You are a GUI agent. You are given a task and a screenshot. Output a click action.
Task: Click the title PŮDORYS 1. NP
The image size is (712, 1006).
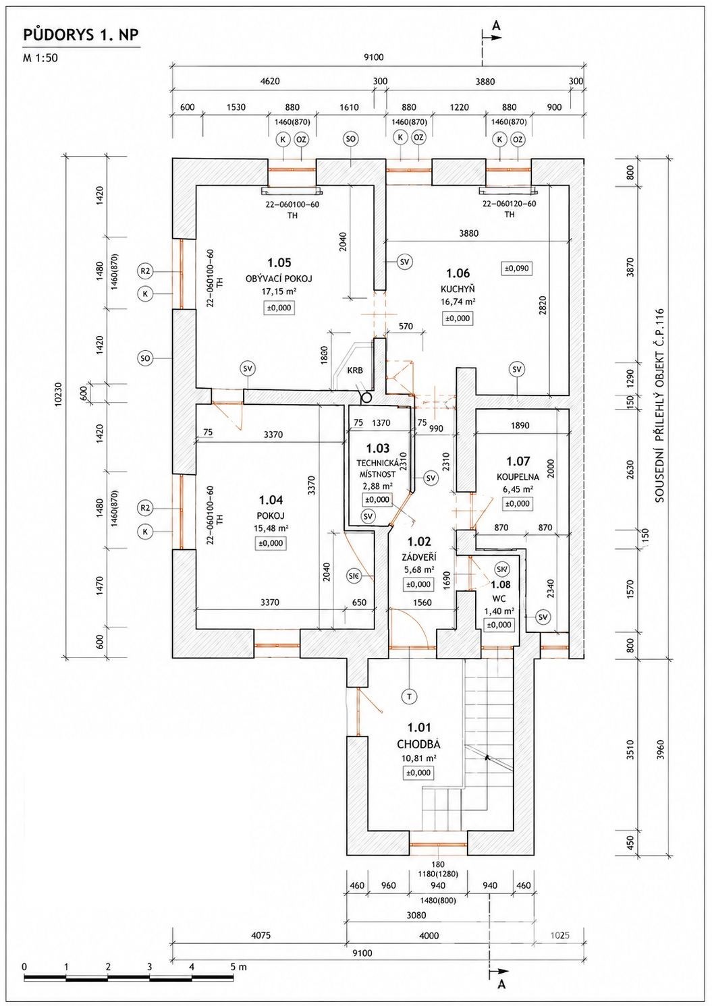81,36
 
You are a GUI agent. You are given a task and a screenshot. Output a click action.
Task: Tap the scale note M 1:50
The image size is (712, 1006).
41,57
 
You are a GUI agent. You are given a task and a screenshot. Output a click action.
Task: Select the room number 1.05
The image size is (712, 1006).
279,262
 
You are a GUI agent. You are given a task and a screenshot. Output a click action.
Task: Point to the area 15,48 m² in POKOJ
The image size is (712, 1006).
271,528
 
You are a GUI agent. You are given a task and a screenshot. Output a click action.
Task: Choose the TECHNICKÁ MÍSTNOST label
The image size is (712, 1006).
377,468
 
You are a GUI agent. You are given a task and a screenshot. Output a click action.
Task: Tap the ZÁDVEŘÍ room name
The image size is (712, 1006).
419,558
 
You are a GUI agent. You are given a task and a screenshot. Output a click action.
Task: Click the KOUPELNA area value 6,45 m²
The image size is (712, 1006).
518,489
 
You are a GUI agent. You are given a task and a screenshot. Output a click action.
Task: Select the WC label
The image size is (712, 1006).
499,598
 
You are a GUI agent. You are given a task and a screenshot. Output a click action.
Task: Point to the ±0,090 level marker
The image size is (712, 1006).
516,269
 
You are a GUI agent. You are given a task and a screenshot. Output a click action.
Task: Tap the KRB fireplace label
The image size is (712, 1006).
354,370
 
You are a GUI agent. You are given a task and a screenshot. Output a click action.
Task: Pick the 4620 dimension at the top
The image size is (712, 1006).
270,81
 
